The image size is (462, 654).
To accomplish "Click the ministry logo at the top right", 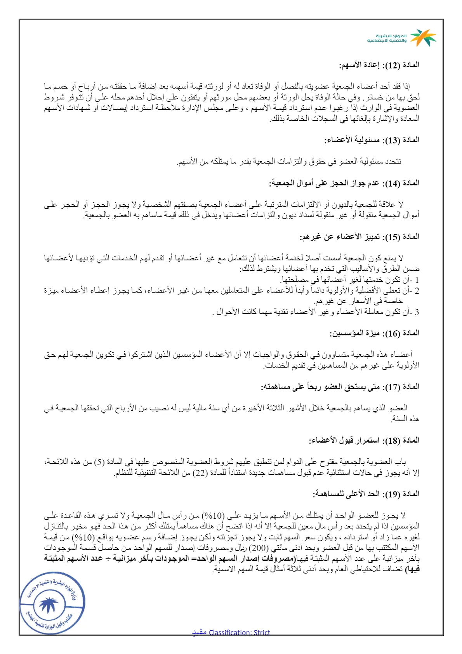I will coord(402,38).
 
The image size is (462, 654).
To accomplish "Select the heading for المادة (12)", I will coord(379,65).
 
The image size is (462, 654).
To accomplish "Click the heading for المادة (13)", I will coord(372,140).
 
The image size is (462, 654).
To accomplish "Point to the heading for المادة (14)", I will coord(344,183).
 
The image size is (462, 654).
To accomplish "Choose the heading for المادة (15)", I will coord(360,237).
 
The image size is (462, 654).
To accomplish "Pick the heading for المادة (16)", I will coord(375,333).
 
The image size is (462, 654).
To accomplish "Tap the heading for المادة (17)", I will coord(340,387).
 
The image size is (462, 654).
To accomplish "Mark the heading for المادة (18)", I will coord(364,440).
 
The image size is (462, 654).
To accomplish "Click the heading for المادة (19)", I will coord(366,494).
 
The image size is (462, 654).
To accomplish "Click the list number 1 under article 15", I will coord(417,280).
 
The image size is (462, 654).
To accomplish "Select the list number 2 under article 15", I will coord(417,291).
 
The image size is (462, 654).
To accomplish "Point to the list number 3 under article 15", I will coord(417,312).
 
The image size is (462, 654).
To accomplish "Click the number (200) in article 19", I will coord(259,548).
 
